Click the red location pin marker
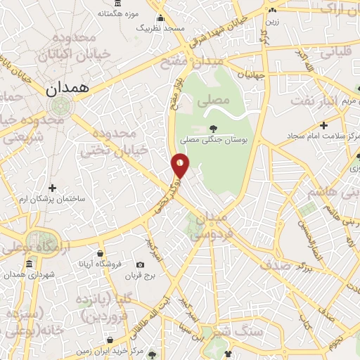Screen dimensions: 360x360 (181, 165)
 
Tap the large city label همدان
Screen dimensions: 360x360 (67, 89)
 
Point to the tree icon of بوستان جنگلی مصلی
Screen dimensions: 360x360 (212, 129)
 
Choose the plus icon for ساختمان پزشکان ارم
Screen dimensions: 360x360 (53, 188)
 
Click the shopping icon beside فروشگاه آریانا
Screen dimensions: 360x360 (101, 254)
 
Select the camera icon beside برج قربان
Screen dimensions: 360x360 (141, 265)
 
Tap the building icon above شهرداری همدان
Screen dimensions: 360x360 (29, 265)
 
